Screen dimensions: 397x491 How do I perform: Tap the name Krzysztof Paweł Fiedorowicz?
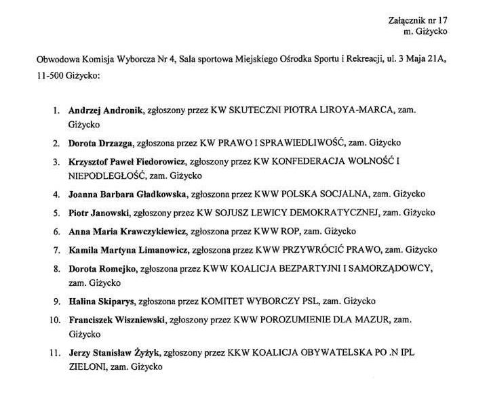pyautogui.click(x=127, y=162)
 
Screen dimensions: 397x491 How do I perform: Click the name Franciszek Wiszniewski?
pyautogui.click(x=117, y=318)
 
